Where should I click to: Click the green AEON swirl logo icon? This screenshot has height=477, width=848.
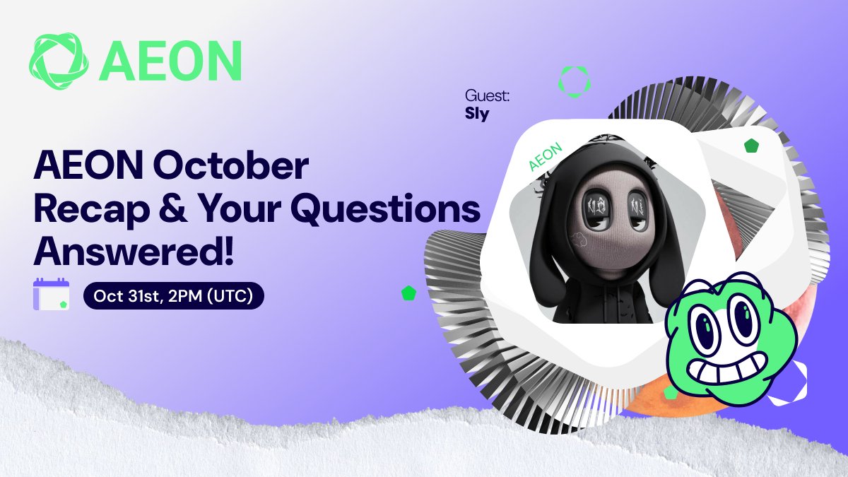point(59,61)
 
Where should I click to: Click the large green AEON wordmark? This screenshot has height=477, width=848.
point(170,61)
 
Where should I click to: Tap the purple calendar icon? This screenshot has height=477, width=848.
point(51,294)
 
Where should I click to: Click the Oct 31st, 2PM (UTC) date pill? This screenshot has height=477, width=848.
point(173,295)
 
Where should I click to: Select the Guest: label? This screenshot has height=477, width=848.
point(487,96)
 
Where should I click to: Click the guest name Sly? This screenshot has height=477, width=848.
point(477,113)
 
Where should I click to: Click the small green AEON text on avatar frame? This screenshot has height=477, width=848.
point(545,156)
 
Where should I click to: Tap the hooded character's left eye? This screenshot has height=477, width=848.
point(596,208)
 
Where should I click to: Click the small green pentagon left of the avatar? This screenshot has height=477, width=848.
point(408,293)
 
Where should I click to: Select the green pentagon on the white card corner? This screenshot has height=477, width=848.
point(751,146)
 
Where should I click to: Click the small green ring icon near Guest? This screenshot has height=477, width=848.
point(575,82)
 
